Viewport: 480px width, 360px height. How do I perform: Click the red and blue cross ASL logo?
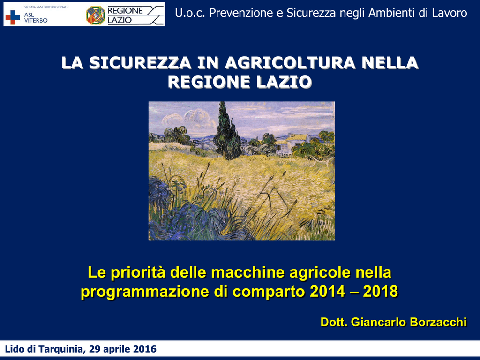(x=13, y=17)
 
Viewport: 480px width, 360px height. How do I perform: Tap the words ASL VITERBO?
(x=36, y=17)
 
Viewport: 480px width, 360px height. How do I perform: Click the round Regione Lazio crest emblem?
(x=96, y=15)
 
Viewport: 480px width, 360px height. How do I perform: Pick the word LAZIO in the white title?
(x=284, y=82)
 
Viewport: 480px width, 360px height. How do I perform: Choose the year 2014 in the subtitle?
(x=327, y=291)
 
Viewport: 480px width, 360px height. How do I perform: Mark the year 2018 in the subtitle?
(x=380, y=291)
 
